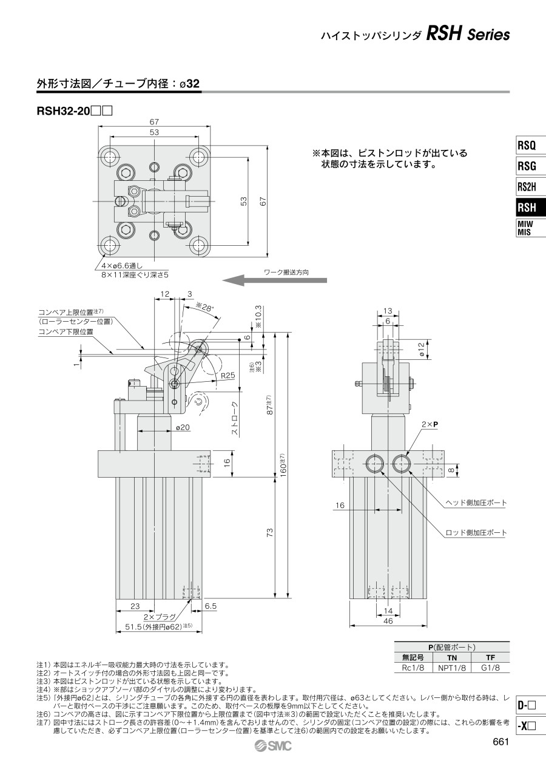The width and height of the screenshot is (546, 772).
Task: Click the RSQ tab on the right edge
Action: pyautogui.click(x=527, y=146)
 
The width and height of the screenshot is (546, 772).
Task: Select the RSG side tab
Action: pyautogui.click(x=527, y=166)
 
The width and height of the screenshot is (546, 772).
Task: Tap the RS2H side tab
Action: pyautogui.click(x=527, y=186)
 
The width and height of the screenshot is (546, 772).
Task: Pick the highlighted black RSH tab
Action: pyautogui.click(x=527, y=208)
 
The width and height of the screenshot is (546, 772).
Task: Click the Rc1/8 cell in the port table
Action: pyautogui.click(x=413, y=668)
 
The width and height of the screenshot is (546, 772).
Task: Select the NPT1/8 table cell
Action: pyautogui.click(x=452, y=668)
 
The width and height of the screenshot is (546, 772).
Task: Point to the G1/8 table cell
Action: pyautogui.click(x=490, y=668)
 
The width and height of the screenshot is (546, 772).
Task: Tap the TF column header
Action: pyautogui.click(x=490, y=657)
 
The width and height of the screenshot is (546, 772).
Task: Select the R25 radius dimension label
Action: pyautogui.click(x=227, y=376)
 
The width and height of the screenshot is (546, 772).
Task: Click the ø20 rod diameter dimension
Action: pyautogui.click(x=183, y=427)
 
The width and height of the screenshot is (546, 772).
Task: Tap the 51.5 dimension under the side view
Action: pyautogui.click(x=158, y=626)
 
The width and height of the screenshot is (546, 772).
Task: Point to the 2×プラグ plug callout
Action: pyautogui.click(x=157, y=616)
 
